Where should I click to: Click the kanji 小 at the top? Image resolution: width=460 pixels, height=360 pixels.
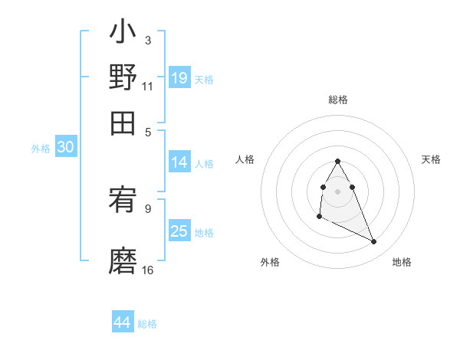[x=123, y=34]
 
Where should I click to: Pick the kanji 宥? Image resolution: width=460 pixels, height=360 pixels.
[x=123, y=202]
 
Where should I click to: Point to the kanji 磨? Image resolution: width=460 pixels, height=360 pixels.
[x=123, y=260]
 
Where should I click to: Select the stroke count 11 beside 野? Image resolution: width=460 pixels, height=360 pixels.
[x=147, y=86]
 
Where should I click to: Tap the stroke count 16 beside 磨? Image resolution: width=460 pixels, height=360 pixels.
[x=148, y=270]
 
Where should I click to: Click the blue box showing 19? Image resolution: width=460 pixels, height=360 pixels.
[x=179, y=77]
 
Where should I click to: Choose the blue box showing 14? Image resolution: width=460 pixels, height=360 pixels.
[x=179, y=162]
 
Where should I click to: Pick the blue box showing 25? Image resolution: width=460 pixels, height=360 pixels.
[x=179, y=231]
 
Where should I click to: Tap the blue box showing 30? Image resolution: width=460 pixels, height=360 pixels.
[x=65, y=148]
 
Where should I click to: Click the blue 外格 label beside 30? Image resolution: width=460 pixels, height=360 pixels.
[x=41, y=149]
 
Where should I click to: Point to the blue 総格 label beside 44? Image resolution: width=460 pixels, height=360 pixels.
[x=147, y=324]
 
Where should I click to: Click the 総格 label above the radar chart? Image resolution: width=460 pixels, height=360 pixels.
[x=338, y=100]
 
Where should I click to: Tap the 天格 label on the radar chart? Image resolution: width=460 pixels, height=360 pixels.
[x=432, y=159]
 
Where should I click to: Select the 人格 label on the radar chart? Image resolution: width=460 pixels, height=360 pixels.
[x=245, y=159]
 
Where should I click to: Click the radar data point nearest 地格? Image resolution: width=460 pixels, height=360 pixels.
[x=374, y=242]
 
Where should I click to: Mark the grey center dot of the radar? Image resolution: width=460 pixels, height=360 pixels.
[x=338, y=191]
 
